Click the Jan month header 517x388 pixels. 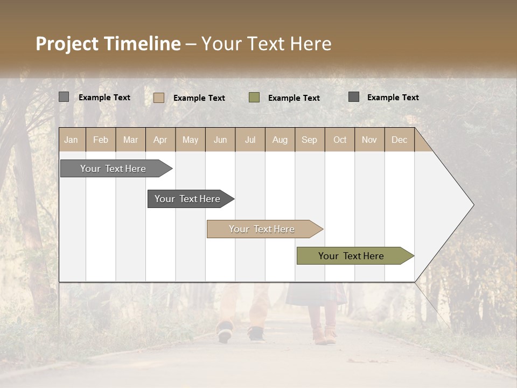(x=71, y=140)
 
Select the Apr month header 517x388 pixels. (x=160, y=140)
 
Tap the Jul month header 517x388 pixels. (x=250, y=140)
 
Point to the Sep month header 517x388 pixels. (x=309, y=140)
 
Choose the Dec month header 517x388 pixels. (x=399, y=140)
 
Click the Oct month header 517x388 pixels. (x=339, y=140)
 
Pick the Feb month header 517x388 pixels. (x=101, y=140)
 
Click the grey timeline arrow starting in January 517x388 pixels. (x=113, y=169)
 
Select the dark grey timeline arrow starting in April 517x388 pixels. (x=187, y=199)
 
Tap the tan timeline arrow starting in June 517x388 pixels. (x=262, y=229)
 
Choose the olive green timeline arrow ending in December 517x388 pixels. (x=351, y=256)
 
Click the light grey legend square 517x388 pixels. (x=64, y=97)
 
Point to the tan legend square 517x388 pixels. (x=158, y=98)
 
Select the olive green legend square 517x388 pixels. (x=254, y=97)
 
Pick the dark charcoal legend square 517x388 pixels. (x=354, y=96)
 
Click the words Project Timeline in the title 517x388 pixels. (x=108, y=44)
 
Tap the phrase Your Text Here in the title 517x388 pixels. (x=266, y=44)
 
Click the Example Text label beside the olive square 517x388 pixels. (x=294, y=98)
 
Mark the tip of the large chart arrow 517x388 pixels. (x=473, y=205)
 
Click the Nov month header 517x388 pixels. (x=369, y=140)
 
